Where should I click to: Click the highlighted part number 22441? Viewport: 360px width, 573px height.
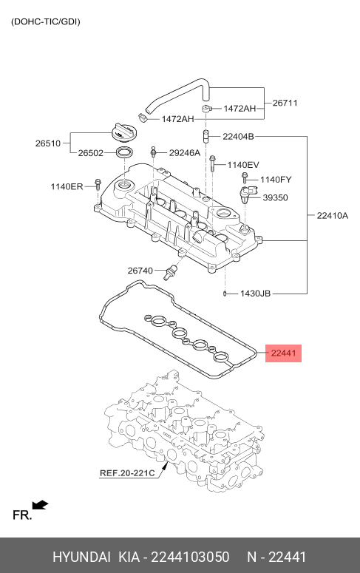283,353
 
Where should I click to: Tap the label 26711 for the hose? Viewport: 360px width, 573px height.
285,103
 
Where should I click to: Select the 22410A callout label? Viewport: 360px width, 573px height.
332,216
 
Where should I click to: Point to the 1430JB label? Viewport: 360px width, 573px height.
255,294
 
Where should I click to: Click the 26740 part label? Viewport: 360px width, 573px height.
140,271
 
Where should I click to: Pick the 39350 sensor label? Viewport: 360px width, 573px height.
275,197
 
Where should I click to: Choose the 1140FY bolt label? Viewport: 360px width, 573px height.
276,180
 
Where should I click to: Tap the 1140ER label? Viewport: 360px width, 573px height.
67,187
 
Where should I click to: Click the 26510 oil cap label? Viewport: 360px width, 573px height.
48,143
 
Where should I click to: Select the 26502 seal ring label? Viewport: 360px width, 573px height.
91,153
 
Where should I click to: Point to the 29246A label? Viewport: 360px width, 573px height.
185,153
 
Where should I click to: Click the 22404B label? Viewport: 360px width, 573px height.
238,137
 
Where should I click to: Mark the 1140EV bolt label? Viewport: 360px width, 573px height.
243,165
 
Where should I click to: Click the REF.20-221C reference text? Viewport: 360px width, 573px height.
127,473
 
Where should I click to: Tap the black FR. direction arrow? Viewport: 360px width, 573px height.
40,505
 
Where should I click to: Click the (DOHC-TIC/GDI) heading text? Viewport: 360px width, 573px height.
46,21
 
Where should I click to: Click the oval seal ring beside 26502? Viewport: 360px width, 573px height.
124,152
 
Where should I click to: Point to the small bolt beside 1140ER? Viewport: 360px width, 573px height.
98,185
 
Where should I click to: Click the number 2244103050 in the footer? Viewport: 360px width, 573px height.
190,557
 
